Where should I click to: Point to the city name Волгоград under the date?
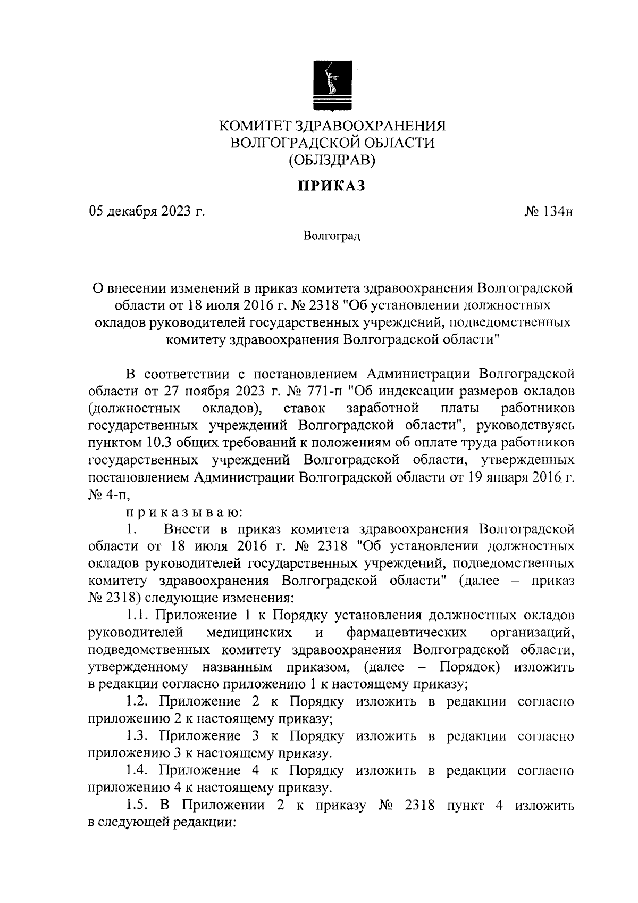pyautogui.click(x=332, y=236)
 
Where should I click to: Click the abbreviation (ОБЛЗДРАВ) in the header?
pyautogui.click(x=332, y=159)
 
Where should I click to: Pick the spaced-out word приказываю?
pyautogui.click(x=184, y=512)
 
